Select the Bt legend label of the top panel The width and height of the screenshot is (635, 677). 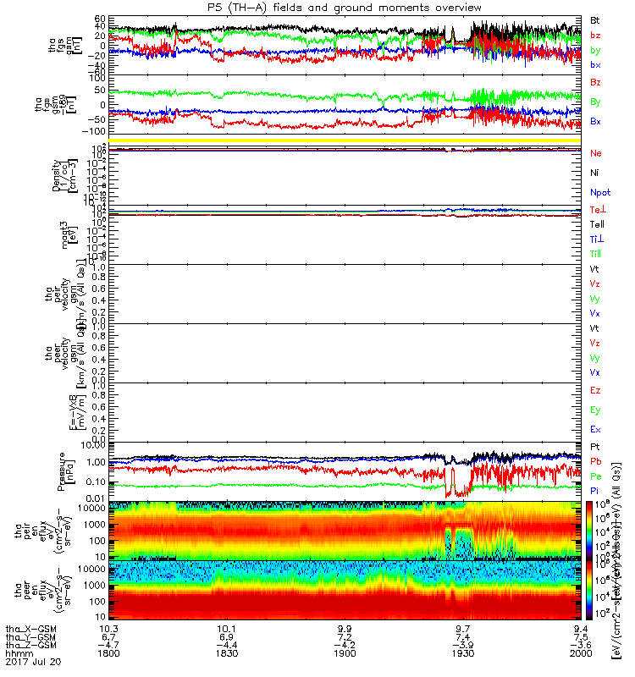click(595, 19)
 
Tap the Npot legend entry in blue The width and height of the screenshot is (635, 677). click(599, 193)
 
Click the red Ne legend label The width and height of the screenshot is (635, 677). click(595, 153)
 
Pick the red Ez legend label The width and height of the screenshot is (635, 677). click(595, 390)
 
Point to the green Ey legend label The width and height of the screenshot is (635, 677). click(595, 410)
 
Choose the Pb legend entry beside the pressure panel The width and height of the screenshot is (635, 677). click(595, 463)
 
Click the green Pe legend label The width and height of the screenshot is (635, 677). click(595, 477)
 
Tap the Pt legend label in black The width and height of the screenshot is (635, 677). click(594, 446)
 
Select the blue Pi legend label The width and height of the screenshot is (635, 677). click(594, 493)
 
